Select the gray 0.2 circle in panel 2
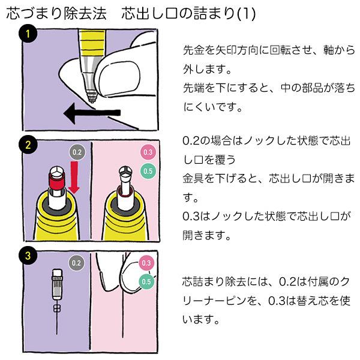[x=77, y=152]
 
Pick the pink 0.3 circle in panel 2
[x=148, y=152]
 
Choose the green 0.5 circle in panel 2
[x=148, y=172]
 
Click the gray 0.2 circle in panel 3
[x=77, y=263]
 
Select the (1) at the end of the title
[x=245, y=14]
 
